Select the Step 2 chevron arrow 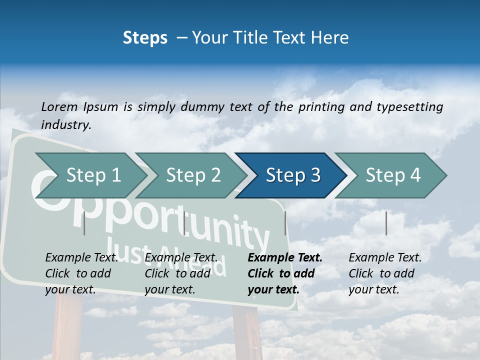point(193,175)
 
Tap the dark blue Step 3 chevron point(293,175)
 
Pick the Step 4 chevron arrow point(393,175)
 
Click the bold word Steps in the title point(145,38)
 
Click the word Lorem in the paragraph point(59,107)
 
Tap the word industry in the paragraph point(66,125)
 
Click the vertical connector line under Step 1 point(84,223)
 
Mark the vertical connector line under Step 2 point(184,223)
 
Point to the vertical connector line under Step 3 point(285,223)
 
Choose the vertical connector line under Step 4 point(386,223)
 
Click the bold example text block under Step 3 point(284,273)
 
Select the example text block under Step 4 point(384,273)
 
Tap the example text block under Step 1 point(81,273)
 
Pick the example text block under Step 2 point(181,273)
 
